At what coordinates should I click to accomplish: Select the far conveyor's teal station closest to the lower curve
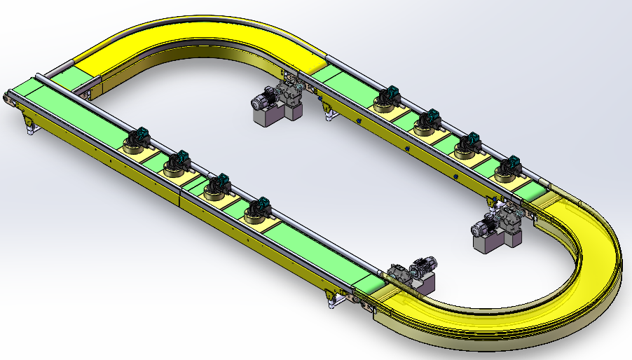click(507, 168)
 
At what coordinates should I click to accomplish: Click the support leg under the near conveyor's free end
click(29, 126)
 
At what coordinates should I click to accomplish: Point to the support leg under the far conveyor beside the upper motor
click(325, 111)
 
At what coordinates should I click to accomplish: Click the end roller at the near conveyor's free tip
click(8, 99)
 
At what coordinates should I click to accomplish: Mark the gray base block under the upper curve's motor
click(269, 116)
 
